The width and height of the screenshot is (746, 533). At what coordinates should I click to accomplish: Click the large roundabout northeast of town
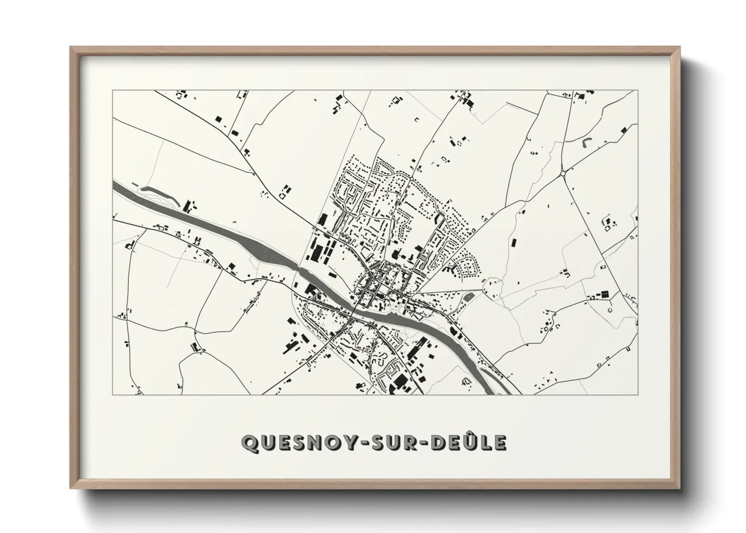coord(563,173)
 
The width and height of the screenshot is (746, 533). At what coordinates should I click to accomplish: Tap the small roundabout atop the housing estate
coord(411,178)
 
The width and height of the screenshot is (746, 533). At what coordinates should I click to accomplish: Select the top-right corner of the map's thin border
coord(638,91)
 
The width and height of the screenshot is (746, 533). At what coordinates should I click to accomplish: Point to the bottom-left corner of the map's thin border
coord(113,394)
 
